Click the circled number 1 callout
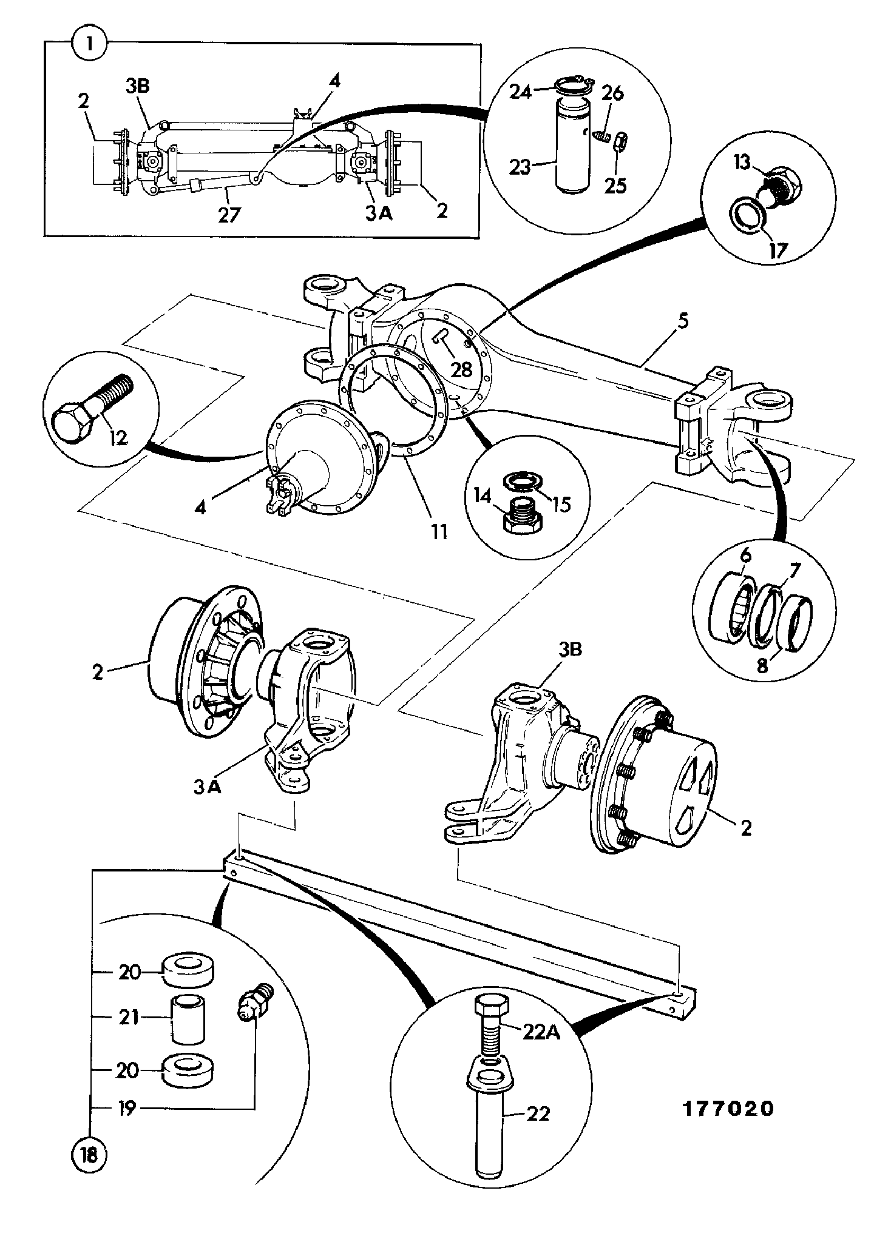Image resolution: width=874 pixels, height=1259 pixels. point(89,44)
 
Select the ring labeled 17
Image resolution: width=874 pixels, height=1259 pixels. point(747,213)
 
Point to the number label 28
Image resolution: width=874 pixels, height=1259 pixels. point(462,369)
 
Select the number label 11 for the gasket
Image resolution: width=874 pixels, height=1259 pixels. point(439,531)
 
